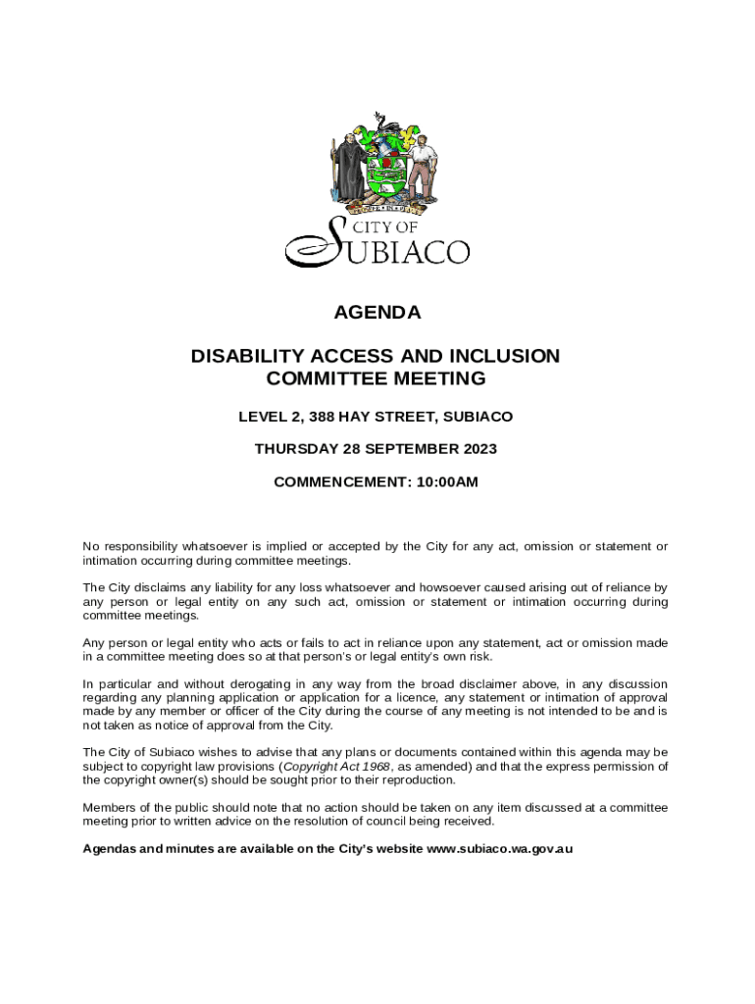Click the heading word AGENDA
click(x=377, y=313)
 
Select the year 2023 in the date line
click(x=478, y=449)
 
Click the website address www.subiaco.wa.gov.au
click(x=500, y=848)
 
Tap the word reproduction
click(x=417, y=780)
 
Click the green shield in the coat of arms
click(x=382, y=175)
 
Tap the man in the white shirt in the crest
click(x=420, y=167)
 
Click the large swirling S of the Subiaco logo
click(x=319, y=245)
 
